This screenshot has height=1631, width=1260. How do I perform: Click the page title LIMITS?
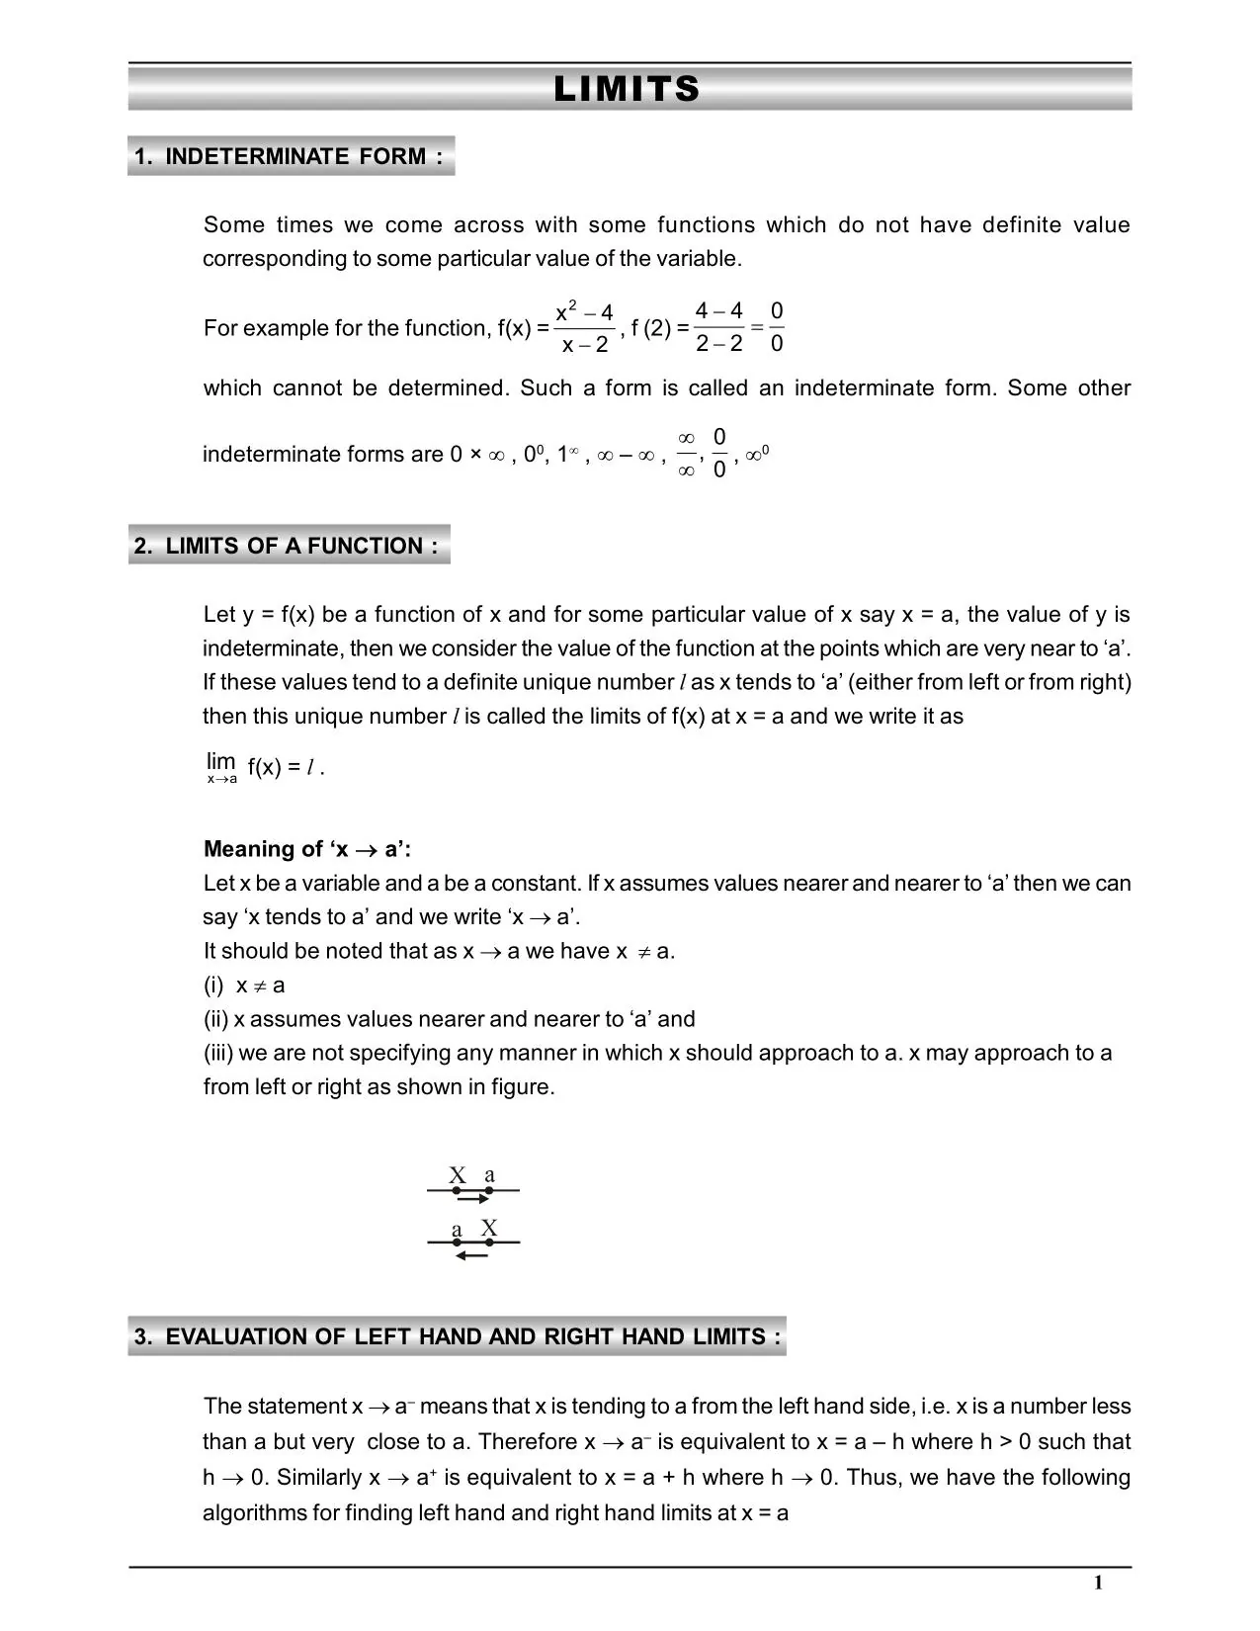coord(628,90)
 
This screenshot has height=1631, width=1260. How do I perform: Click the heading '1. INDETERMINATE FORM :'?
coord(291,156)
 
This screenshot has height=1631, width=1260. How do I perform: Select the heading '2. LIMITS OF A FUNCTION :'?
coord(288,546)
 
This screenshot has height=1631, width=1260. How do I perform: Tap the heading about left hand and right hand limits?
coord(457,1336)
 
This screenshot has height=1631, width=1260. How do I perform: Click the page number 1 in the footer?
coord(1098,1584)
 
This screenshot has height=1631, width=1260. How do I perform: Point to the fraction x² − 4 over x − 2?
coord(585,328)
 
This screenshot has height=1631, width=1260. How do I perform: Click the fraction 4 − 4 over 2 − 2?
coord(719,328)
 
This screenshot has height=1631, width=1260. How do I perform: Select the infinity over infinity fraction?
coord(687,454)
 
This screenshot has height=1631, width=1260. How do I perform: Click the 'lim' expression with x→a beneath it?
coord(221,767)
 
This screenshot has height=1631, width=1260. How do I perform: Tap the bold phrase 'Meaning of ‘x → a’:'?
coord(307,849)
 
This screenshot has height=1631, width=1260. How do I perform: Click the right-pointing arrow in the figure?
coord(474,1200)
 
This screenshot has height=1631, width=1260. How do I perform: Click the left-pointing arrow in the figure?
coord(472,1256)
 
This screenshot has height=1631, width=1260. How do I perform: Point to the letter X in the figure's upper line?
coord(457,1176)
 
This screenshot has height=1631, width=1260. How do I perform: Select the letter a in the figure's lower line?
coord(457,1231)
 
